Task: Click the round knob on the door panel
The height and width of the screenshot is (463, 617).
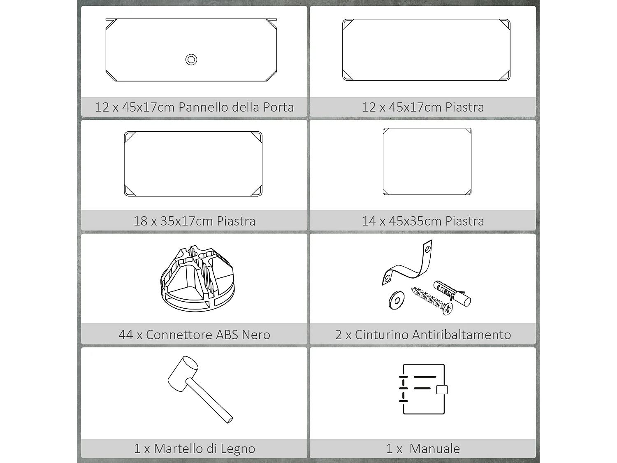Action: coord(191,60)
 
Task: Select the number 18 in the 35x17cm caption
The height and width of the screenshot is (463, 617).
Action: coord(140,221)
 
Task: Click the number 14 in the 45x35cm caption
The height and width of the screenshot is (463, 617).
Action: coord(369,221)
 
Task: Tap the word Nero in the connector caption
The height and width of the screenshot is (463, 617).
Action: coord(256,335)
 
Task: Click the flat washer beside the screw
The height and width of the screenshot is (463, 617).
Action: coord(396,300)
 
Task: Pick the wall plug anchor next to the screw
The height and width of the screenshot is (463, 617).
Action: coord(452,293)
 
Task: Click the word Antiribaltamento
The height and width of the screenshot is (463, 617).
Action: coord(461,335)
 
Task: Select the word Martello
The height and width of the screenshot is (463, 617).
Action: coord(179,449)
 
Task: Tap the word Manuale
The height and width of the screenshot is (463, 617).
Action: coord(435,449)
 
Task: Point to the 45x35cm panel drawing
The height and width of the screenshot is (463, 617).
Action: coord(427,161)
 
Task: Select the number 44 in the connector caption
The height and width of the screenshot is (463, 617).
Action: coord(125,335)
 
